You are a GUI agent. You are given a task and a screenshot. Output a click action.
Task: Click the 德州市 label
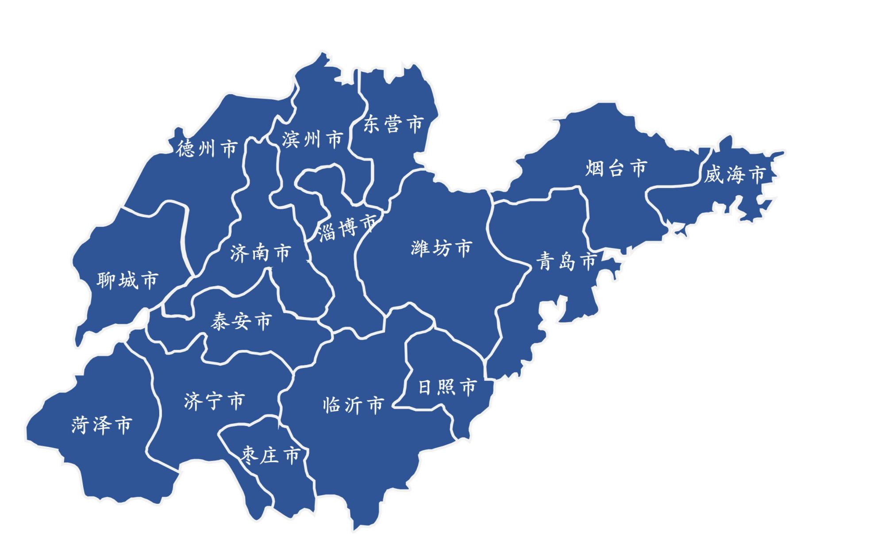click(208, 148)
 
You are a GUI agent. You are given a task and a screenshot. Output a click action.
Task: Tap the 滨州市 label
click(312, 139)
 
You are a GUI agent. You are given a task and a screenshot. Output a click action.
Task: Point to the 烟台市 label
click(616, 168)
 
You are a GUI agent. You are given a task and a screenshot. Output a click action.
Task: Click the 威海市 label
click(735, 174)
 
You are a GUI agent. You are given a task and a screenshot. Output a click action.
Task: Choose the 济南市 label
click(260, 253)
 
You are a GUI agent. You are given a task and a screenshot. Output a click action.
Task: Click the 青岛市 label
click(567, 261)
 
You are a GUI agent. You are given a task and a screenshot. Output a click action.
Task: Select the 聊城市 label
click(127, 280)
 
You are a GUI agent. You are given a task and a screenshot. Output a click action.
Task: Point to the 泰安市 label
click(241, 321)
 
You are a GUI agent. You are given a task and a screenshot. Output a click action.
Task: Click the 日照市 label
click(447, 387)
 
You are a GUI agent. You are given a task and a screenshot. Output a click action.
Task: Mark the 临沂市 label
click(354, 405)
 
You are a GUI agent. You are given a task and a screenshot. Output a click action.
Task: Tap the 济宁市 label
click(214, 401)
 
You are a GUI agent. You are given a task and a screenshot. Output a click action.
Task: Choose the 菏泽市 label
click(102, 425)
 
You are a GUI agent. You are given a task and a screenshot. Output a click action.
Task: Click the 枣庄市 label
click(271, 454)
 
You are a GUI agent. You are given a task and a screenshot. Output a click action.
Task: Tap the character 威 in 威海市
click(713, 175)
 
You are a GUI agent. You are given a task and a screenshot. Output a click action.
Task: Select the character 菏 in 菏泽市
click(81, 425)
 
